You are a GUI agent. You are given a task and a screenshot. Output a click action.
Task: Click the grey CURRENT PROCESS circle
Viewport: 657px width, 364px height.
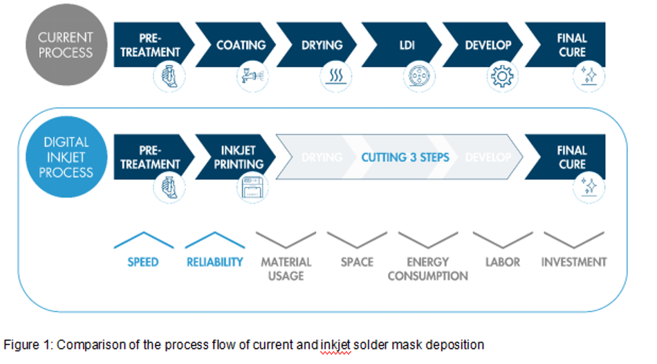pos(66,45)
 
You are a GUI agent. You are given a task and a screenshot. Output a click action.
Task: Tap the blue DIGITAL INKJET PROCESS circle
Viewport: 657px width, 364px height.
pos(66,157)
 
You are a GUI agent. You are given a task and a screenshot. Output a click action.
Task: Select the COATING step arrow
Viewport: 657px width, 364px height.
pos(235,45)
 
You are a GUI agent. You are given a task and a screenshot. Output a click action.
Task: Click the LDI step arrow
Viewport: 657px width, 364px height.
pos(401,45)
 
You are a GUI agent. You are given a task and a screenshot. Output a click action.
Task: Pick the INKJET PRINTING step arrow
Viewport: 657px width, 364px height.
pos(235,157)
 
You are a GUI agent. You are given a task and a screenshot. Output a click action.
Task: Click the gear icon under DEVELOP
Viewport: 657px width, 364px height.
pos(502,76)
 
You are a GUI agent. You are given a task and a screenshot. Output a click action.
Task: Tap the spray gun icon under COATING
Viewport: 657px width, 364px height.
pos(252,76)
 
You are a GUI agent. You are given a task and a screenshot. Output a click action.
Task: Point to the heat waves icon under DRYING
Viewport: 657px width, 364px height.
pos(335,76)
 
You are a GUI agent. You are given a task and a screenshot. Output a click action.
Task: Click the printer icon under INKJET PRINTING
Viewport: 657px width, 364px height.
pos(252,188)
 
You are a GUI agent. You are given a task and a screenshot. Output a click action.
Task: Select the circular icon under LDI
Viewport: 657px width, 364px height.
pos(419,76)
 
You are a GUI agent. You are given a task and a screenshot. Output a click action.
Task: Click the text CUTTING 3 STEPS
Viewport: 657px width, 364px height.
pos(405,157)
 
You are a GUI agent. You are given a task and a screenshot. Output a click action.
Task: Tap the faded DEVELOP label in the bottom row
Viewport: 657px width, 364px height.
pos(488,157)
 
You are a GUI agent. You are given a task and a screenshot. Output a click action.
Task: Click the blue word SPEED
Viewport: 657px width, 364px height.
pos(143,262)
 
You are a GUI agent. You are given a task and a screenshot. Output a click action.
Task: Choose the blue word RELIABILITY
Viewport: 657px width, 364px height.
pos(214,262)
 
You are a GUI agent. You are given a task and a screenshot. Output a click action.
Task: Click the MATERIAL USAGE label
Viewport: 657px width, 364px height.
pos(286,269)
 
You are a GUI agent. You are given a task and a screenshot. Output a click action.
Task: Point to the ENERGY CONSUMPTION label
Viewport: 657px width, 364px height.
pos(428,269)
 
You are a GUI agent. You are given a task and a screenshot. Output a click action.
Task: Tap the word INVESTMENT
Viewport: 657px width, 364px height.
pos(574,262)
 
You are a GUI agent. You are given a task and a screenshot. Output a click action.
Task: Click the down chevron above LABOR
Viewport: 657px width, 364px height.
pos(503,240)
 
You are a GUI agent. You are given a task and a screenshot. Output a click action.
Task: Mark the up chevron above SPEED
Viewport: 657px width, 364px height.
pos(144,240)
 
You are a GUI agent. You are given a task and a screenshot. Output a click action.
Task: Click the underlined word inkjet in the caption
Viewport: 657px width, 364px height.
pos(335,345)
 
